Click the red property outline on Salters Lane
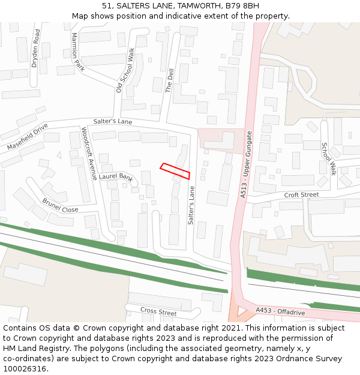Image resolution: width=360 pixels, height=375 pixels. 175,171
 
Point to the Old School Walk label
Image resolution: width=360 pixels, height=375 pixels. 125,71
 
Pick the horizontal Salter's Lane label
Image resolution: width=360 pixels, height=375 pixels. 112,121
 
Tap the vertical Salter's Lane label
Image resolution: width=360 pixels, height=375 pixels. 191,205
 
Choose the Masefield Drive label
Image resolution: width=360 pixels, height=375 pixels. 27,137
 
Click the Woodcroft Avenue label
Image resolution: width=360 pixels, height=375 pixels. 89,154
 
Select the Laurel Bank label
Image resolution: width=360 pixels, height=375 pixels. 116,177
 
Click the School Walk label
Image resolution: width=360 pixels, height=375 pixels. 329,158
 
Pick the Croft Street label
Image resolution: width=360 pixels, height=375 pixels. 301,195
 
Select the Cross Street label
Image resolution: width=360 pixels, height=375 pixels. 158,312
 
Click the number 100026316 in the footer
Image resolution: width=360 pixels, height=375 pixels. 25,368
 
